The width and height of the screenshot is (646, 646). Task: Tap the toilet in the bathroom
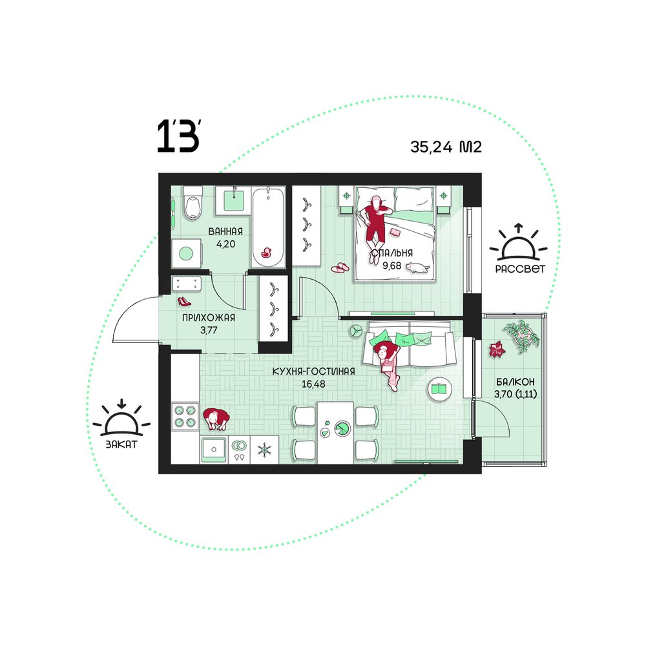click(x=193, y=203)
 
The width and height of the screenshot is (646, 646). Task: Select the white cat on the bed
click(x=417, y=268)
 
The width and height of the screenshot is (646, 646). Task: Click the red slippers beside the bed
click(x=340, y=268)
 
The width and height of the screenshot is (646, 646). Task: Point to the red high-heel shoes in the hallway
click(x=184, y=302)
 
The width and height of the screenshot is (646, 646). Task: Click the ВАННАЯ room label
click(x=225, y=231)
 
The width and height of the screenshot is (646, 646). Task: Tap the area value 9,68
click(x=392, y=266)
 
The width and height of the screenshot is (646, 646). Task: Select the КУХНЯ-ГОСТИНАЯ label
click(x=313, y=371)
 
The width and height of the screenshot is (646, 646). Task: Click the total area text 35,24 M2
click(x=446, y=147)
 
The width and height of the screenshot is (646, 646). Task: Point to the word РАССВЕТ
click(x=520, y=269)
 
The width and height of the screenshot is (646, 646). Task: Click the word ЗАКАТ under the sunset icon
click(x=121, y=444)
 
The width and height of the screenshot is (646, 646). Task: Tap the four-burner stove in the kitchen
click(x=185, y=416)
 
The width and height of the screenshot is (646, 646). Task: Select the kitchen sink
click(x=213, y=450)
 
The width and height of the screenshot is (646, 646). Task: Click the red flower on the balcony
click(x=496, y=349)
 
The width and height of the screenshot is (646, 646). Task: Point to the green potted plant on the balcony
click(x=521, y=335)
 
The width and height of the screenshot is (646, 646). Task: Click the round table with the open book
click(x=440, y=388)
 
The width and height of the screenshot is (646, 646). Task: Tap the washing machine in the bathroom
click(x=186, y=253)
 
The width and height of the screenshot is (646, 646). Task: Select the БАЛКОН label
click(x=516, y=382)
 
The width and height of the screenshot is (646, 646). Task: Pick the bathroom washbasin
click(x=233, y=200)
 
